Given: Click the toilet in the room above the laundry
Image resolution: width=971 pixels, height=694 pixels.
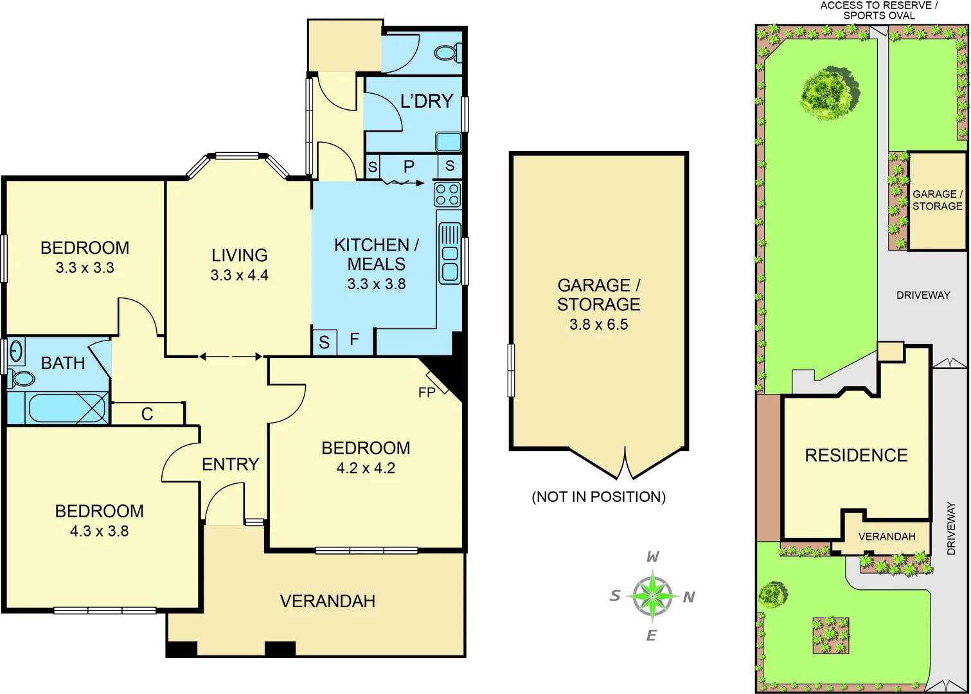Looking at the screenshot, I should [448, 52].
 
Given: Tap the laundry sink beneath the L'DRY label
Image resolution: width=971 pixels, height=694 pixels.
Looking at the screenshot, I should [448, 141].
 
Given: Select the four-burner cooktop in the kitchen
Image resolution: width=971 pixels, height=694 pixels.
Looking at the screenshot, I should [447, 194].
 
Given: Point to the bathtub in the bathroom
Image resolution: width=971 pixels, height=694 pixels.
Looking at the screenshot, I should [67, 408].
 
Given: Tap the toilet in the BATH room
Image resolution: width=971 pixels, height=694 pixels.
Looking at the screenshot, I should [22, 378].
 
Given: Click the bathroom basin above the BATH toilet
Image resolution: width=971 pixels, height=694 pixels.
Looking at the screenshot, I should [15, 351].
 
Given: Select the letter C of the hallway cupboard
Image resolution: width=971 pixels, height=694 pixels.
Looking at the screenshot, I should [147, 414].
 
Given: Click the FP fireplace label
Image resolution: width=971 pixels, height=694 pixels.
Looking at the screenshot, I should [427, 392].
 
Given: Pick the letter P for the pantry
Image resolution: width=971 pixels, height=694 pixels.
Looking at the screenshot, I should [409, 167].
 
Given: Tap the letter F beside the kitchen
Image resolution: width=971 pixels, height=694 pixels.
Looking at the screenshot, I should [354, 339].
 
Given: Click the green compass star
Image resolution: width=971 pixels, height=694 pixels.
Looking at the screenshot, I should [652, 596].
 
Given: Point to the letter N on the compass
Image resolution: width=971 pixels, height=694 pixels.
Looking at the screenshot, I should [689, 598].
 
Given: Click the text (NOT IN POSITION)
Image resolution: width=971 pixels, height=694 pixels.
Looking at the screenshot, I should [598, 497].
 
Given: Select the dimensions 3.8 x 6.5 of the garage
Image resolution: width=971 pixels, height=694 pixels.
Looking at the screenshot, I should [598, 325].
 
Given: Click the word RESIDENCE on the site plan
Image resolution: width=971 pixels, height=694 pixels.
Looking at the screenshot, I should [856, 456].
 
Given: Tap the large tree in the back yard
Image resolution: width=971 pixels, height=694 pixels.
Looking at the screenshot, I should [829, 94].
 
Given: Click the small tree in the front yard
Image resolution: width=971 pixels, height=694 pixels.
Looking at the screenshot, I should [772, 594].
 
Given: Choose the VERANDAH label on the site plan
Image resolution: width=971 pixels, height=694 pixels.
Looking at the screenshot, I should [887, 537].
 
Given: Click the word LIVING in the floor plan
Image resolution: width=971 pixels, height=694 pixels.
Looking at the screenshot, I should [239, 255].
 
